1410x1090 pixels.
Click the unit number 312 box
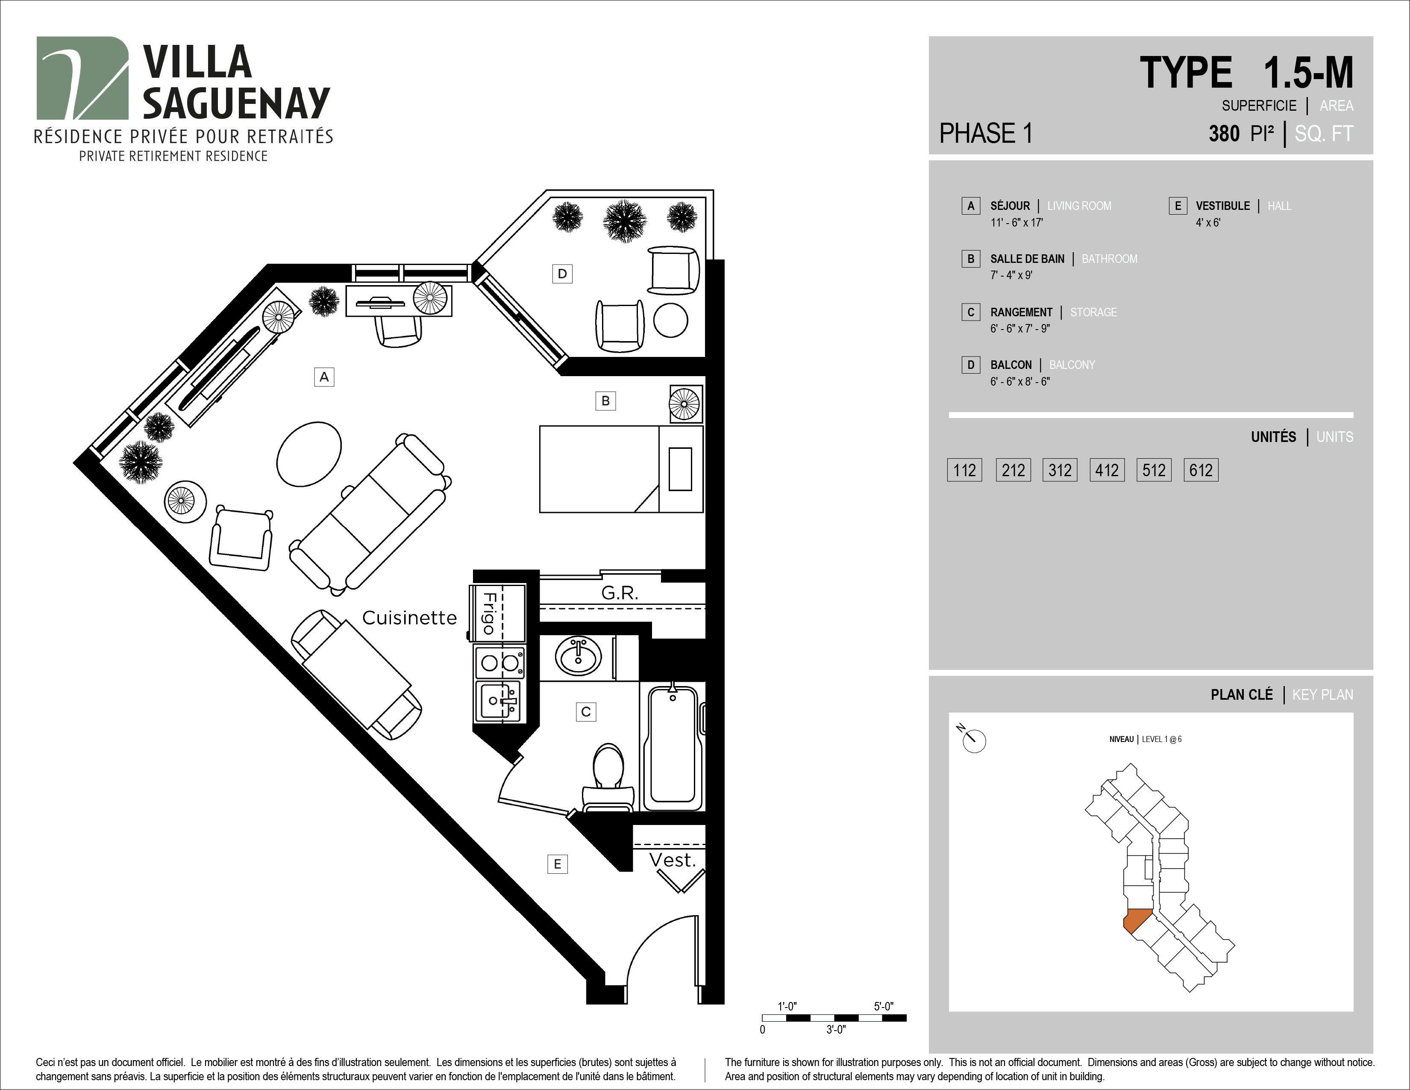pyautogui.click(x=1060, y=470)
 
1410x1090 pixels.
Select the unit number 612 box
pyautogui.click(x=1201, y=470)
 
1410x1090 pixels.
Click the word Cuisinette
pyautogui.click(x=409, y=618)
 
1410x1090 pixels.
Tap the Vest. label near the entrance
pyautogui.click(x=672, y=860)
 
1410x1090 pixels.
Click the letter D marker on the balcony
pyautogui.click(x=562, y=274)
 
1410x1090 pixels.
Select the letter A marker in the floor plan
pyautogui.click(x=324, y=377)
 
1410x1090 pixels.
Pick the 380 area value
pyautogui.click(x=1224, y=134)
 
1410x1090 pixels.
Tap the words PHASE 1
pyautogui.click(x=986, y=133)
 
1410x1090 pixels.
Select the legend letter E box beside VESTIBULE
pyautogui.click(x=1178, y=206)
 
